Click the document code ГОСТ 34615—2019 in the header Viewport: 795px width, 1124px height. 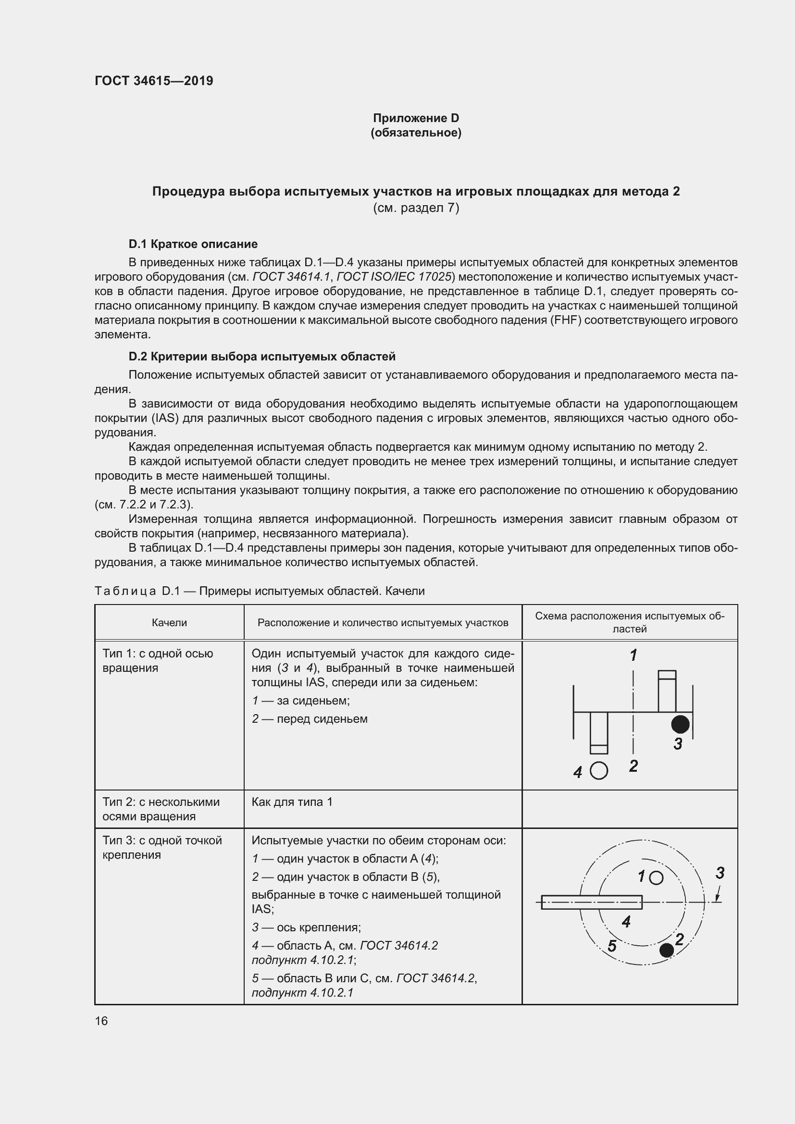point(154,81)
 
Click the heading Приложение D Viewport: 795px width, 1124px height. point(416,118)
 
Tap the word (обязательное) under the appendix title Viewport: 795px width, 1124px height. point(416,133)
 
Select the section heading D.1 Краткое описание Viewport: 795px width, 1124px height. point(193,244)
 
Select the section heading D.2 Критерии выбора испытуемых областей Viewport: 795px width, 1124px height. point(262,357)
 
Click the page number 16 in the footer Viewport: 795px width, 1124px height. point(101,1021)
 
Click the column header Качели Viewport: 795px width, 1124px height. point(169,622)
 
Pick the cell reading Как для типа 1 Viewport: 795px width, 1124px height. point(292,802)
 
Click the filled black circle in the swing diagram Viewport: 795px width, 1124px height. point(680,724)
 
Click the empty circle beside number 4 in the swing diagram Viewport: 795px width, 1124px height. point(599,771)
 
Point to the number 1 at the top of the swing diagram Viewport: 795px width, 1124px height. point(634,655)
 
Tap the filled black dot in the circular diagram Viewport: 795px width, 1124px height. point(667,950)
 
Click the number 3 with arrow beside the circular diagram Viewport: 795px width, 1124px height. point(720,873)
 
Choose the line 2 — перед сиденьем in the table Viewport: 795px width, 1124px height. point(310,718)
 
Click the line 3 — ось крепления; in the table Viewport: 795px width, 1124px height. point(306,927)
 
